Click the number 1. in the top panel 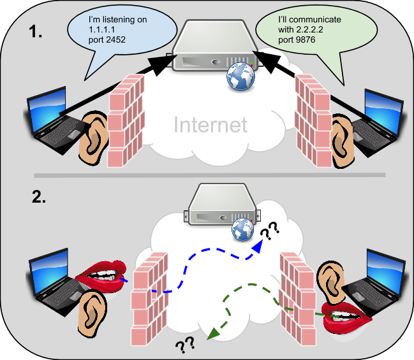point(38,33)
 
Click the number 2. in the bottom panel point(38,196)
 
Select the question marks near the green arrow point(185,345)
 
